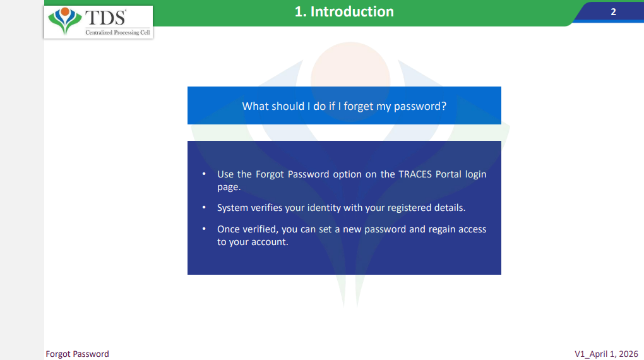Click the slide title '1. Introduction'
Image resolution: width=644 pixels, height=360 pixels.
(x=344, y=11)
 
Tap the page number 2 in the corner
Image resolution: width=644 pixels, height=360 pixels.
(x=613, y=12)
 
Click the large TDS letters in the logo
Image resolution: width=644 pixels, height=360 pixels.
(x=105, y=18)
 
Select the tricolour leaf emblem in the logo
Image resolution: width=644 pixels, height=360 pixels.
(x=65, y=21)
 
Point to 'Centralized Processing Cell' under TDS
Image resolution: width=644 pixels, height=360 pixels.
(x=117, y=32)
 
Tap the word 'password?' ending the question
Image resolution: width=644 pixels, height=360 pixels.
(x=420, y=107)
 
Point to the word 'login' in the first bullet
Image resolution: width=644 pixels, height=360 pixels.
(x=475, y=175)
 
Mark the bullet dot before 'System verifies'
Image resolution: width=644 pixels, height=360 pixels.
(x=204, y=208)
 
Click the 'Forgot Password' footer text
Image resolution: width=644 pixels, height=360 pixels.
(x=77, y=354)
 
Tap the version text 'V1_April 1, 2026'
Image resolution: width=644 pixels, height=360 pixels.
(x=606, y=354)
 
